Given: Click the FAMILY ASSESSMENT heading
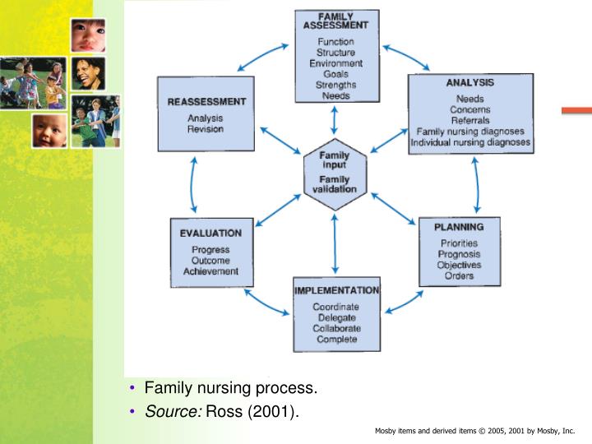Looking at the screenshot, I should pos(337,20).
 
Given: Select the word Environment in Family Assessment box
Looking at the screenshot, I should pos(337,63).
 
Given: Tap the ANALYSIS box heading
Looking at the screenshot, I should pos(470,83).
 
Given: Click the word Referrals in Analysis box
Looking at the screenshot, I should pos(470,120).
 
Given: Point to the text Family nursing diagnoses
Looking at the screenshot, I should pos(470,131).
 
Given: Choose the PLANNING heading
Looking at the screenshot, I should pos(459,227).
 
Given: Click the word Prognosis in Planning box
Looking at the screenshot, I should pos(459,254).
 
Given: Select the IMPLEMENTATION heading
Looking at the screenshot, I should pos(336,290).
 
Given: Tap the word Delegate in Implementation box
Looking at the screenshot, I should pos(335,317).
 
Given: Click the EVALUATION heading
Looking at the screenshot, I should pos(210,234).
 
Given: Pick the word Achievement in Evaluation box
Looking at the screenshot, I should pos(210,271).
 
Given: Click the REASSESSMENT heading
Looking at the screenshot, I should pos(206,102).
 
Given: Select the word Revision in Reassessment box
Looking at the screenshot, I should pos(206,129).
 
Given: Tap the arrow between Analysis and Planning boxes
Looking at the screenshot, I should pos(476,186).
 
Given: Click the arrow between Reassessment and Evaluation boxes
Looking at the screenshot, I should pos(193,186).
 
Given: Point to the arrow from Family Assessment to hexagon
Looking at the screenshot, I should pos(334,122).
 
